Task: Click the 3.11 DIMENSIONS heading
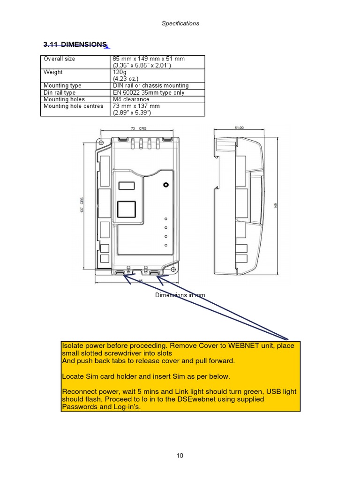[x=75, y=45]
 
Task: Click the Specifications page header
[x=180, y=23]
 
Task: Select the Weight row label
[x=53, y=72]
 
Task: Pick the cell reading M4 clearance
[x=131, y=99]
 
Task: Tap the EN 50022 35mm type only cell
[x=148, y=93]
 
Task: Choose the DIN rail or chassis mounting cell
[x=150, y=86]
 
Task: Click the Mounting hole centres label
[x=73, y=106]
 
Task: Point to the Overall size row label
[x=59, y=59]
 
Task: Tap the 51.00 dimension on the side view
[x=239, y=127]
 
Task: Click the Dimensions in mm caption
[x=180, y=295]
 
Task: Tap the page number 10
[x=180, y=456]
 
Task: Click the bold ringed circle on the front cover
[x=166, y=185]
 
